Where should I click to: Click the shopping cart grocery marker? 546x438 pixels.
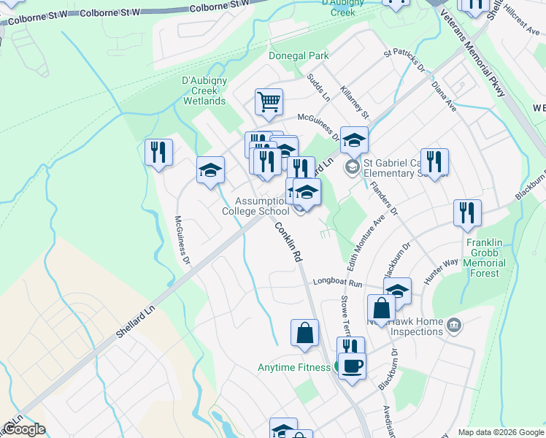coord(269,101)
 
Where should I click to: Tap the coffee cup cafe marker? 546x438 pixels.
coord(352,366)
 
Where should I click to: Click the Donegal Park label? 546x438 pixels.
coord(299,55)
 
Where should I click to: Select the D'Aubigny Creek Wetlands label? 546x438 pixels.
coord(204,91)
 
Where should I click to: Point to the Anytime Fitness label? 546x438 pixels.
coord(294,367)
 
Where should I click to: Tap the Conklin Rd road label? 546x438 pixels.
coord(288,243)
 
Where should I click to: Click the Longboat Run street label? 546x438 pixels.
coord(338,281)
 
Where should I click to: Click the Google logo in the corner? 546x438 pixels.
coord(23,429)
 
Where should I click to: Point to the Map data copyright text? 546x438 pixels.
coord(500,432)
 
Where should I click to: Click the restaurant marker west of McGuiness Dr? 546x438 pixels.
coord(158,152)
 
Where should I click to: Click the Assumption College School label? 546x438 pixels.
coord(255,206)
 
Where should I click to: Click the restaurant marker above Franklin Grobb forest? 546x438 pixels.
coord(467,212)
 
